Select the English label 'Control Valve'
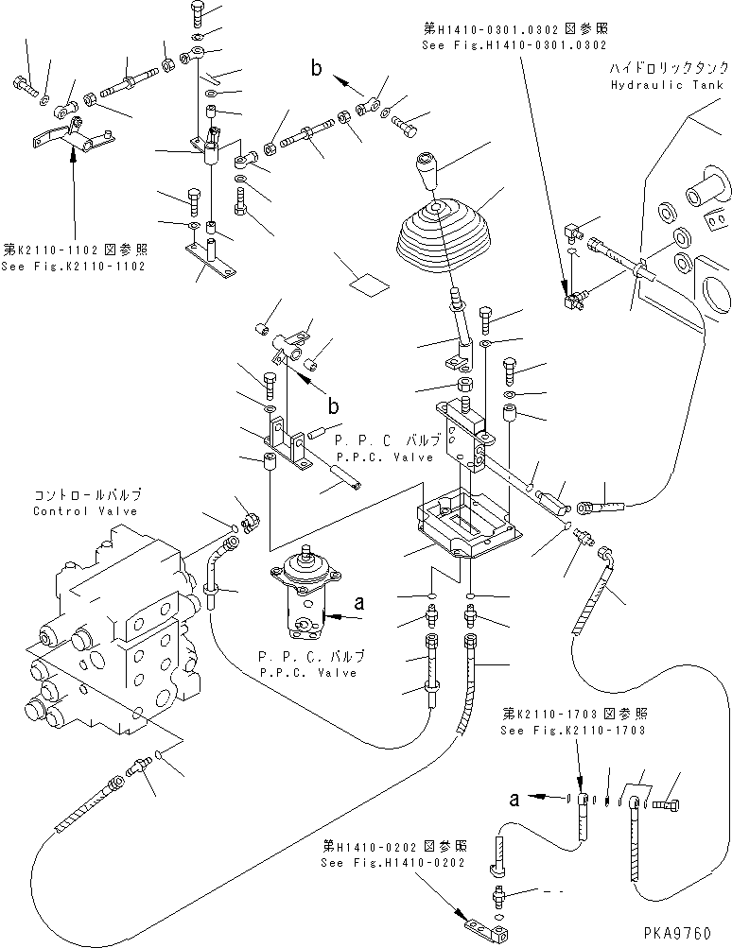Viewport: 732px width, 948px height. [86, 511]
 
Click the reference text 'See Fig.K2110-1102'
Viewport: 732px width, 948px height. [74, 267]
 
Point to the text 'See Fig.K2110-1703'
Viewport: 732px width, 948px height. [574, 731]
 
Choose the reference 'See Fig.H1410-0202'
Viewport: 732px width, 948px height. [391, 863]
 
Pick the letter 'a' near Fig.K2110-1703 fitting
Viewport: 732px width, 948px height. [514, 799]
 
